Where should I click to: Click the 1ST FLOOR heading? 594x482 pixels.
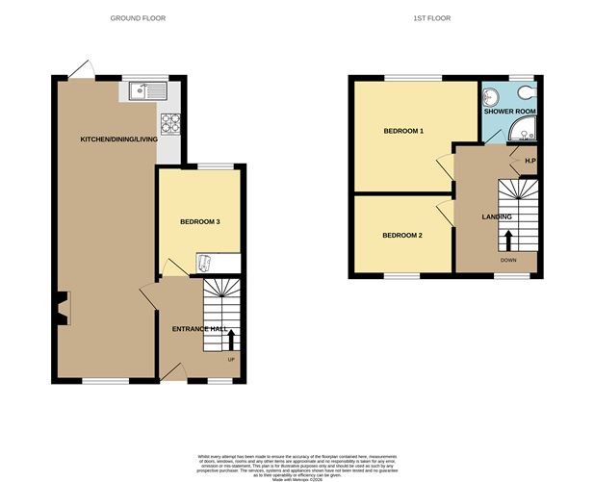[x=433, y=18]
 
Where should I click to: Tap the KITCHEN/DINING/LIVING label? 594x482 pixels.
[x=117, y=140]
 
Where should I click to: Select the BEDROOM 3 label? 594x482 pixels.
[x=200, y=222]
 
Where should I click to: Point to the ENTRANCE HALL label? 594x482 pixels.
[x=199, y=329]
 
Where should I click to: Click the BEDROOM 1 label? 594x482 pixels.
[x=403, y=131]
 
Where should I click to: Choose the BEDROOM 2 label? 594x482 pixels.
[x=401, y=235]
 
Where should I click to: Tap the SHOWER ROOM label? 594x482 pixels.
[x=509, y=112]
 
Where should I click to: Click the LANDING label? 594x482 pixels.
[x=497, y=216]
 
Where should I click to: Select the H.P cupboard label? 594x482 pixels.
[x=529, y=160]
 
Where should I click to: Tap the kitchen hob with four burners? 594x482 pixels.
[x=171, y=123]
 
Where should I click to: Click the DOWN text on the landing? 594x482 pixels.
[x=507, y=260]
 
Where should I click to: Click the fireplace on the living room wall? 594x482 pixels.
[x=63, y=309]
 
